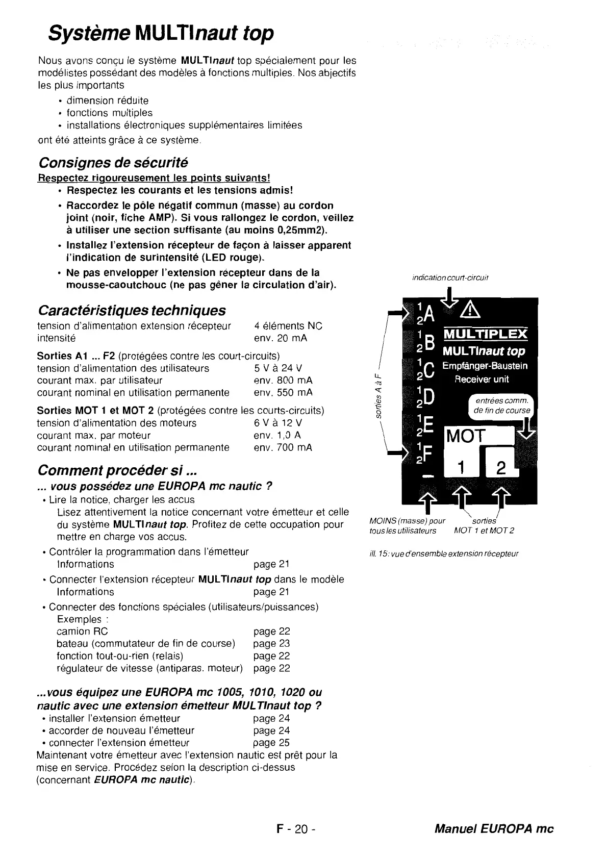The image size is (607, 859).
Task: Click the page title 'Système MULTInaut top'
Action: (161, 34)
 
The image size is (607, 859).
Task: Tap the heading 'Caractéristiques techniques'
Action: (132, 310)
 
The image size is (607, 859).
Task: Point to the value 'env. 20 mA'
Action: (280, 338)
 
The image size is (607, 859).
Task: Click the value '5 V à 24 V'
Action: (278, 368)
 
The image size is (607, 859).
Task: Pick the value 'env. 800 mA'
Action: (283, 381)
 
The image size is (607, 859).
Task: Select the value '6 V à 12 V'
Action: (278, 423)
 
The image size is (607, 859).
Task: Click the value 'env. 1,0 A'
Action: (277, 436)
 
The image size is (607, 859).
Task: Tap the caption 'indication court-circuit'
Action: (450, 277)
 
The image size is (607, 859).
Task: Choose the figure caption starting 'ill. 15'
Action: (443, 553)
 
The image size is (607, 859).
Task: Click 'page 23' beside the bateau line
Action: (271, 644)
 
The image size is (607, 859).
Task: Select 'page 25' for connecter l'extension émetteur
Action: (271, 743)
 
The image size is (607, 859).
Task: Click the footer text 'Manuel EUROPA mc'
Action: (494, 829)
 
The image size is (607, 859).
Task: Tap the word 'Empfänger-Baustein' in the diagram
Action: (485, 366)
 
